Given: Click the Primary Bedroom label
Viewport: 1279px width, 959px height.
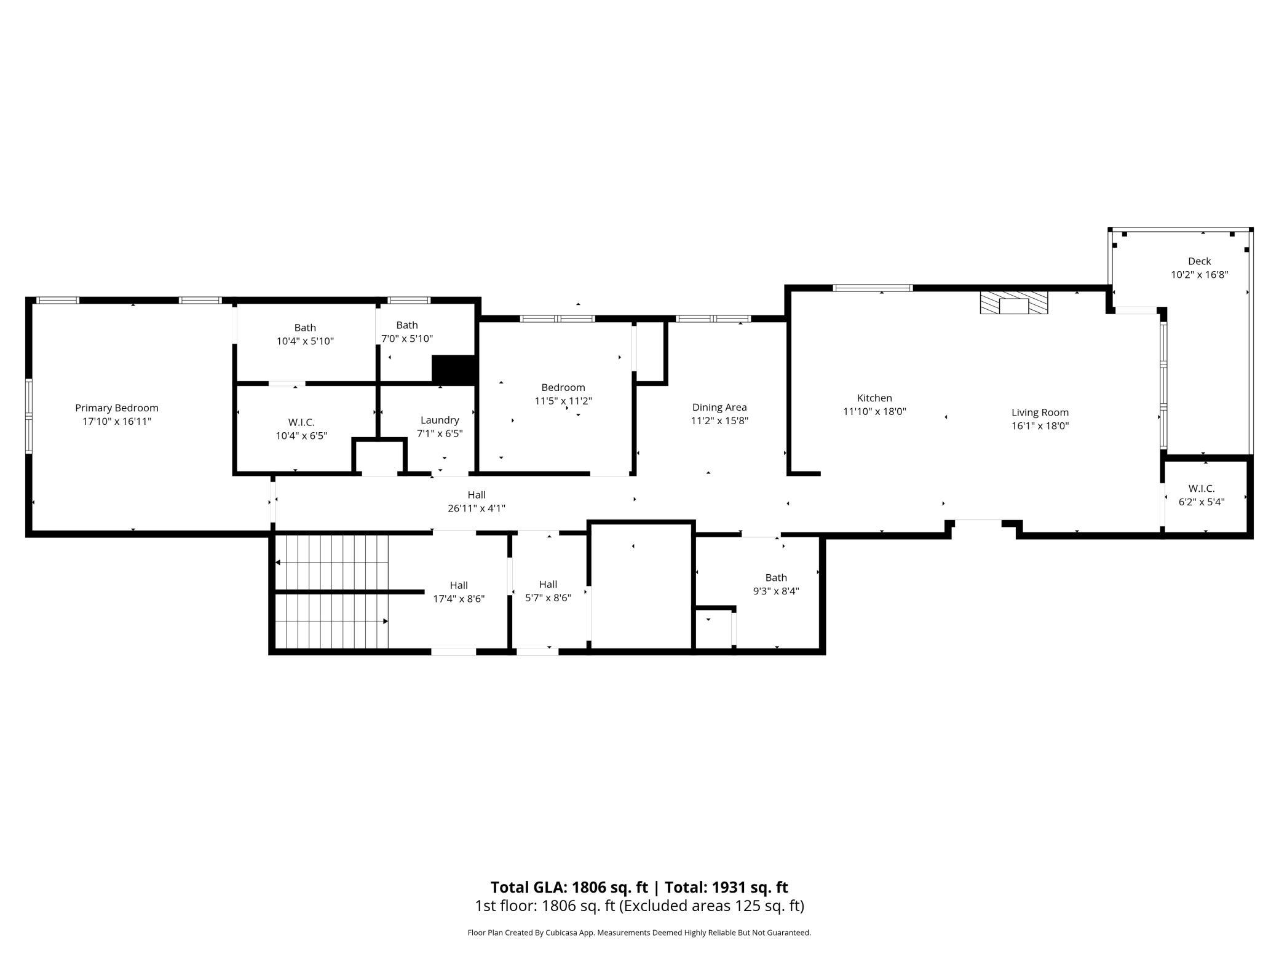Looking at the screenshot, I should (x=117, y=408).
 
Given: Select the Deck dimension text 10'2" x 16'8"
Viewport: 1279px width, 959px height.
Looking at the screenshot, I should (x=1199, y=275).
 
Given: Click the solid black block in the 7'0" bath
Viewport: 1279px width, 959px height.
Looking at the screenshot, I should (x=454, y=370).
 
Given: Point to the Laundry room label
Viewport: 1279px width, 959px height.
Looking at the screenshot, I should (x=440, y=420).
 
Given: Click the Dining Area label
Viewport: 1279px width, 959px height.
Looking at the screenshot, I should (x=719, y=408).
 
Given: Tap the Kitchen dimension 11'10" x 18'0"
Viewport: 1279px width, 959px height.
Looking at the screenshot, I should (x=874, y=412).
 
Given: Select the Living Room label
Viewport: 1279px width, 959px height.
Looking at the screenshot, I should (x=1040, y=412).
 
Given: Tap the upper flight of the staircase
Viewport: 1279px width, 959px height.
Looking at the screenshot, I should (x=332, y=562).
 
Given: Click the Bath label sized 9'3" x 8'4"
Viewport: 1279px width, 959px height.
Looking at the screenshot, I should (x=776, y=578).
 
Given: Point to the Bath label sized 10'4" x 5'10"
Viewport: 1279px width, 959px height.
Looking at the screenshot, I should (x=305, y=328).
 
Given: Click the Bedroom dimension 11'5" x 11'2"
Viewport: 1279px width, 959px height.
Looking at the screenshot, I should (x=563, y=401).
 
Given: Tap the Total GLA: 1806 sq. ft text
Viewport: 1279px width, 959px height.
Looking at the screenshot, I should (x=569, y=888).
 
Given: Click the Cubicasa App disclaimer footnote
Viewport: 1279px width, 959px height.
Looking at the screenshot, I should (x=639, y=933).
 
